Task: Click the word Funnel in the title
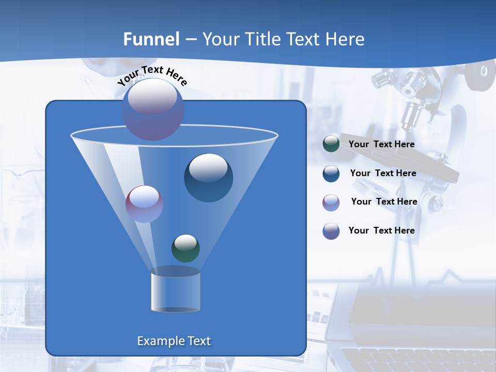click(x=151, y=39)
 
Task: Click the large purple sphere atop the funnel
click(x=153, y=110)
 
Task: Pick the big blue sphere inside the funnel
click(x=208, y=178)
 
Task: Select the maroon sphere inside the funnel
click(x=144, y=204)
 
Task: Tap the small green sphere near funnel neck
click(x=185, y=249)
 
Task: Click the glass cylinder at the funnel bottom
click(x=175, y=290)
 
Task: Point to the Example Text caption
click(x=174, y=341)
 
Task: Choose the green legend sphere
click(x=331, y=144)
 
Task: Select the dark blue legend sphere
click(x=331, y=173)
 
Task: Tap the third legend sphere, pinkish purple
click(x=331, y=202)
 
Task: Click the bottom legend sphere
click(x=331, y=231)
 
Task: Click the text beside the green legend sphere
click(x=381, y=144)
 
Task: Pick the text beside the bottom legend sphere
click(x=381, y=230)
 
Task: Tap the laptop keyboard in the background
click(x=413, y=359)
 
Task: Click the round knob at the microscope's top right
click(x=479, y=72)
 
